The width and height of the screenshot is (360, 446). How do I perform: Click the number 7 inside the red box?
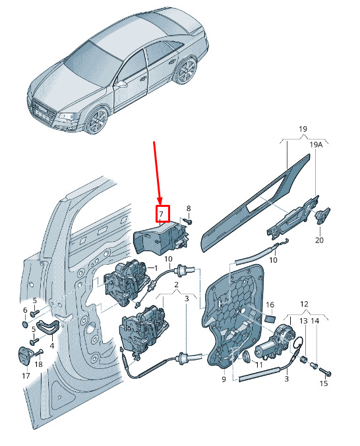click(x=162, y=214)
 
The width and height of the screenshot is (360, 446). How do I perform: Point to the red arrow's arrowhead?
click(x=160, y=200)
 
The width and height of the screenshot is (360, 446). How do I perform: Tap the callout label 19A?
click(x=316, y=145)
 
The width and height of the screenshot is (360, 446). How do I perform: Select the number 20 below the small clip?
click(x=319, y=240)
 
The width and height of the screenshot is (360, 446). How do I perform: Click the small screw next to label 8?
click(x=187, y=221)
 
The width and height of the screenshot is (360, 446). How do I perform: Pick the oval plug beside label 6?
click(x=25, y=324)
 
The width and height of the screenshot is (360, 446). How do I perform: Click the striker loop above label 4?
click(x=47, y=327)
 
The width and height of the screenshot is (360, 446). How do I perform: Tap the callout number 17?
click(x=26, y=376)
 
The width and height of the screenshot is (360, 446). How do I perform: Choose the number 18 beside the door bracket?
click(x=38, y=364)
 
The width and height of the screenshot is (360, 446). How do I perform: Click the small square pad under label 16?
click(x=270, y=318)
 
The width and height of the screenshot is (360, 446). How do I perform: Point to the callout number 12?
click(x=304, y=304)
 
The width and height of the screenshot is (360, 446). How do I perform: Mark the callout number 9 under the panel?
click(x=224, y=379)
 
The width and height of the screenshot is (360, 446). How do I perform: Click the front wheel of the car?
click(x=97, y=121)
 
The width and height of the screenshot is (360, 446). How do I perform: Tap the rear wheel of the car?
click(x=186, y=70)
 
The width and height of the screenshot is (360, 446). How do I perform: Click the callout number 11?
click(x=258, y=364)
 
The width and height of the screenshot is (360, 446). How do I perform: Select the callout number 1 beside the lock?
click(x=156, y=268)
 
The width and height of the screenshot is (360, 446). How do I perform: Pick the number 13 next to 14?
click(x=304, y=321)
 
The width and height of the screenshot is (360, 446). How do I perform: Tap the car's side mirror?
click(x=122, y=84)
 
